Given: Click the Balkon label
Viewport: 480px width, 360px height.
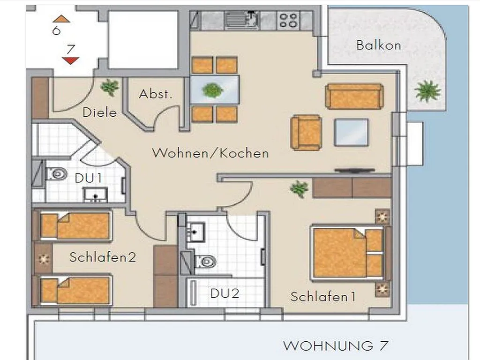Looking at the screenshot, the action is coord(378,45).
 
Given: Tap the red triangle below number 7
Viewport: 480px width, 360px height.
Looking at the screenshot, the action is coord(70,60).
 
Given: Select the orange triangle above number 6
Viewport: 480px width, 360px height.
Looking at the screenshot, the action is coord(61,19).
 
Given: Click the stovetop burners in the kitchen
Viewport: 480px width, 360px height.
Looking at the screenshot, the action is coord(288,20).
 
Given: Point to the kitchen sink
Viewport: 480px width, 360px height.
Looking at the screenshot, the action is coord(241,20).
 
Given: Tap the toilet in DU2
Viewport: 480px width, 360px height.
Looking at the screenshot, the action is coord(206,262).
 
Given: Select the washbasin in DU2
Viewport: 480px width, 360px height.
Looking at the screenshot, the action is coord(195,232).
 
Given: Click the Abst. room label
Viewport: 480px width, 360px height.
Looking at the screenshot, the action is coord(156,94).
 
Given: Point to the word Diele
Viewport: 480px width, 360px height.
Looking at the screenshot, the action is coord(100,112).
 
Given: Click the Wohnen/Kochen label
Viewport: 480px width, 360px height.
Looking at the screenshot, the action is coord(210,153).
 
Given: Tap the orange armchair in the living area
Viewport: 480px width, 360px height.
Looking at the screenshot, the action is coord(306,133).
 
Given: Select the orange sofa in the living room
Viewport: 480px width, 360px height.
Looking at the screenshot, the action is coord(354,96).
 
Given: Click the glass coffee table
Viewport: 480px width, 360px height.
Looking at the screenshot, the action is coord(351,133).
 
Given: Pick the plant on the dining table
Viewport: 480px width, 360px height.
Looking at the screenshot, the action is coord(212,90).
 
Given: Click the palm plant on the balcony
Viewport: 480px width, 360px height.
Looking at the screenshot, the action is coord(427,91).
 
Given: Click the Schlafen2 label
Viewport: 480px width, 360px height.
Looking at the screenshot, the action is coord(103,257).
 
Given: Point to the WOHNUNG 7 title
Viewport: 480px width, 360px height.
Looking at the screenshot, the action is coord(336,346).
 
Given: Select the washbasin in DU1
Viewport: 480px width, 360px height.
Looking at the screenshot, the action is coord(96,195).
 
